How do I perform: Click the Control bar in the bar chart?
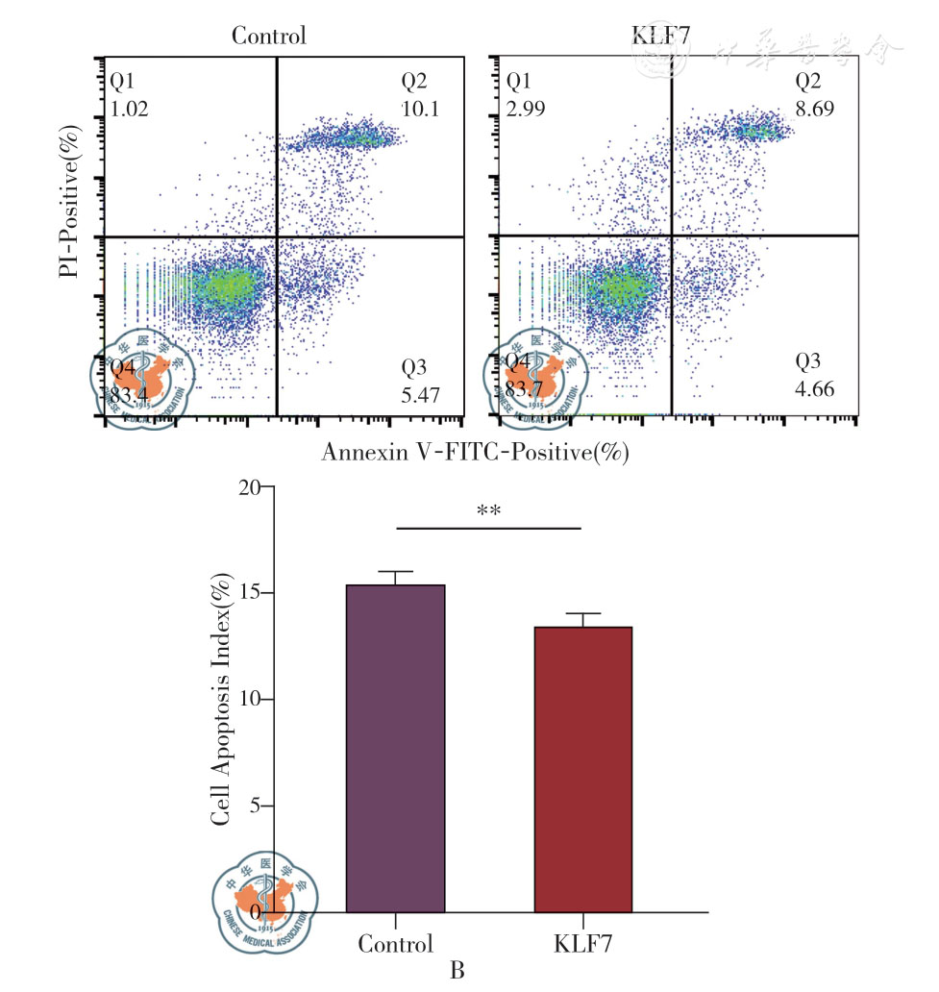pos(395,748)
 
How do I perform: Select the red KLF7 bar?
pos(583,769)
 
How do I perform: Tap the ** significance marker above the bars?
pos(489,511)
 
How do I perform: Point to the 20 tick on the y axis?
pos(248,488)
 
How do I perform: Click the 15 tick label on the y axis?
pos(248,593)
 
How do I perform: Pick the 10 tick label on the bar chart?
pos(248,700)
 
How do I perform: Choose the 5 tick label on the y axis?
pos(254,806)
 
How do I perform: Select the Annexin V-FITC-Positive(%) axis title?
pos(475,451)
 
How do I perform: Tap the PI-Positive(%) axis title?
pos(68,207)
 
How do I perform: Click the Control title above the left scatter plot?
pos(269,37)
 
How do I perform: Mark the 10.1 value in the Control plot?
pos(421,109)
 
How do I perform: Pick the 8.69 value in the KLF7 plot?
pos(814,109)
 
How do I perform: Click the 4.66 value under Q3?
pos(815,389)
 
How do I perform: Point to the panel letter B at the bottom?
pos(457,971)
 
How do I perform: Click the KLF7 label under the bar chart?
pos(582,943)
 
